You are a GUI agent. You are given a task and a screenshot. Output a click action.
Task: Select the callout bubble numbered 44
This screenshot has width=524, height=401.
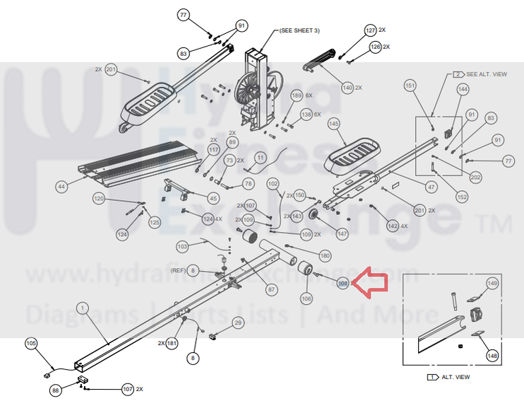point(61,187)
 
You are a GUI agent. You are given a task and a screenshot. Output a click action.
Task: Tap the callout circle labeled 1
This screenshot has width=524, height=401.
point(83,308)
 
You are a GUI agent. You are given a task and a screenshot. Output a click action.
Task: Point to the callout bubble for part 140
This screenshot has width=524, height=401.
point(347,88)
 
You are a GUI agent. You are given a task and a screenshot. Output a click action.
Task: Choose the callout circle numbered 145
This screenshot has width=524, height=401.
point(335,124)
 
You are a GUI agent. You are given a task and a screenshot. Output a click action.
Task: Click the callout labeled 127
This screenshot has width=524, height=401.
point(370,30)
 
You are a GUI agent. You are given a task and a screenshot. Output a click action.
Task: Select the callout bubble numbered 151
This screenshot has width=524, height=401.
point(410,85)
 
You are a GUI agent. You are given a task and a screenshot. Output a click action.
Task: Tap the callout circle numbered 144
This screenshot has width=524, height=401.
point(463,89)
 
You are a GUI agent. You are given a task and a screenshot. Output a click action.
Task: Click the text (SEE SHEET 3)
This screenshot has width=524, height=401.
point(300,30)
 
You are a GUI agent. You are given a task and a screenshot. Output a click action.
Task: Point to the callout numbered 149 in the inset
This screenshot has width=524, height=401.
point(492,283)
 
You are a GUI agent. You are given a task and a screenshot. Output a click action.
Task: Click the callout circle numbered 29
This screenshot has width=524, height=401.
point(237,322)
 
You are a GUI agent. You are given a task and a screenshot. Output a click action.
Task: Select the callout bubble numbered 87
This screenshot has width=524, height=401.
point(271,289)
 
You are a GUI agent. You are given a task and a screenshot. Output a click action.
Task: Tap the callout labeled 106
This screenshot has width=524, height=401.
point(306,298)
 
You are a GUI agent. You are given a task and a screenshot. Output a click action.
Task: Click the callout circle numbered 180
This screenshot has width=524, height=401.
point(325,255)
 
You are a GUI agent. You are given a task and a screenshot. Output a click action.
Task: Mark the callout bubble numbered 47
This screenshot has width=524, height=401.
point(431,187)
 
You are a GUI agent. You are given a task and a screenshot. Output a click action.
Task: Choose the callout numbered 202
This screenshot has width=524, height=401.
point(476,177)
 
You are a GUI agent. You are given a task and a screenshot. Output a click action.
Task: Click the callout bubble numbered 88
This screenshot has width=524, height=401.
point(56,390)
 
